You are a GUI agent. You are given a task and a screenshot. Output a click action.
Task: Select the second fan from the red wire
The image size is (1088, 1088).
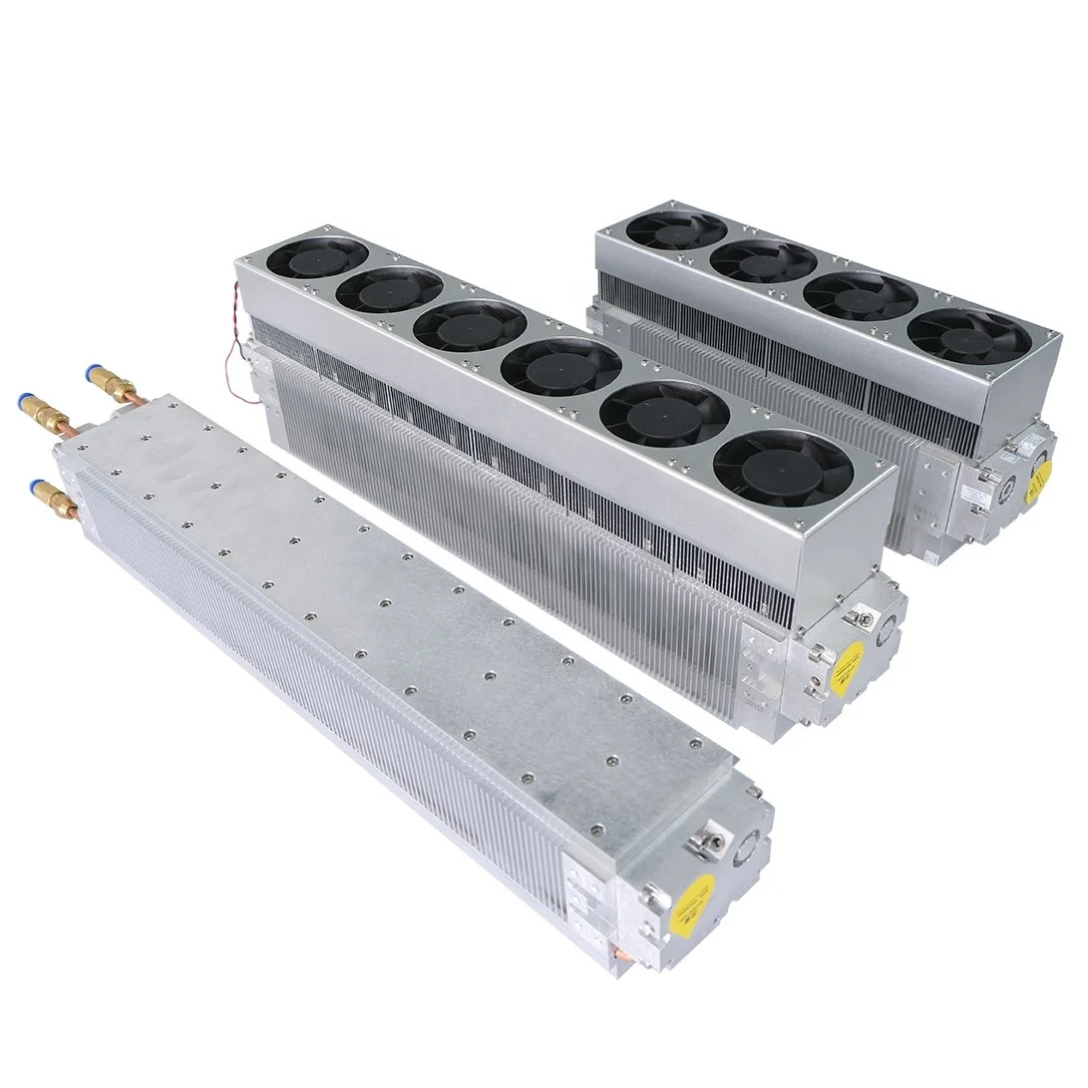[389, 290]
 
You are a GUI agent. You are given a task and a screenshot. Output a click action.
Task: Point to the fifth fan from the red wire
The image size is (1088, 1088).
[665, 409]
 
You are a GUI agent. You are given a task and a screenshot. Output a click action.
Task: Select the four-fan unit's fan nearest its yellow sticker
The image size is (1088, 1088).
[970, 335]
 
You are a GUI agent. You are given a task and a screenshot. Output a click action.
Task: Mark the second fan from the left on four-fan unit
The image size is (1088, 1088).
[763, 260]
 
